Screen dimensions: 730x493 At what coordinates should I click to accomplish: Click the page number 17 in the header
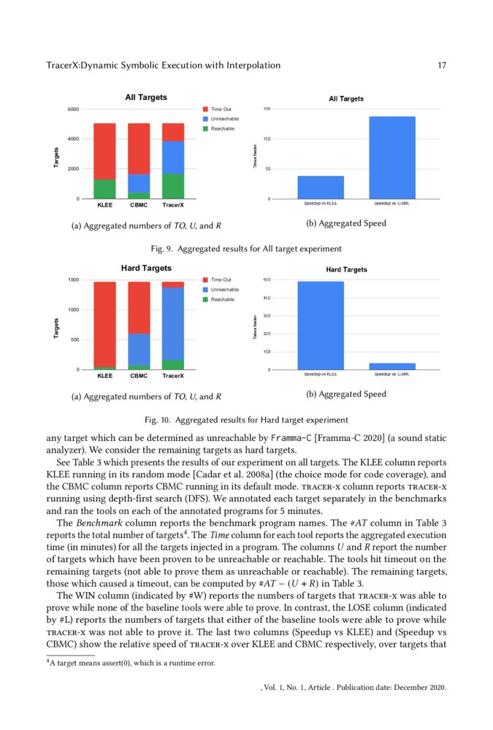coord(441,66)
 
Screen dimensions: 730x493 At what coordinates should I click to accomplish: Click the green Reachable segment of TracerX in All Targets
coord(173,186)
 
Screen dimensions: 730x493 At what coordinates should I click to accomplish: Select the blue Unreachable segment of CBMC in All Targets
coord(139,183)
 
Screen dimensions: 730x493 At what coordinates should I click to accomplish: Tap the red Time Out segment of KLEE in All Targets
coord(104,151)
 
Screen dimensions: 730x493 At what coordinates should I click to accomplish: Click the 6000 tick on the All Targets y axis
coord(74,109)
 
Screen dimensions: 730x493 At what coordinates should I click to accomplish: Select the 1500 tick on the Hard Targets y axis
coord(74,280)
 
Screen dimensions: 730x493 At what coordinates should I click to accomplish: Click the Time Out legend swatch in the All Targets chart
coord(205,109)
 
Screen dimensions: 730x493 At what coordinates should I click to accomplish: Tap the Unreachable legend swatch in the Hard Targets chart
coord(205,290)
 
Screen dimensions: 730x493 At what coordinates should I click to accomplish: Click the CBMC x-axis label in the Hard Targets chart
coord(139,376)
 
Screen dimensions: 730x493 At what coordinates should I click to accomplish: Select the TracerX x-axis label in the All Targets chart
coord(173,206)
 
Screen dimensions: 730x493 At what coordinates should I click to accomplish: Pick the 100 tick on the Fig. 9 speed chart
coord(268,139)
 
